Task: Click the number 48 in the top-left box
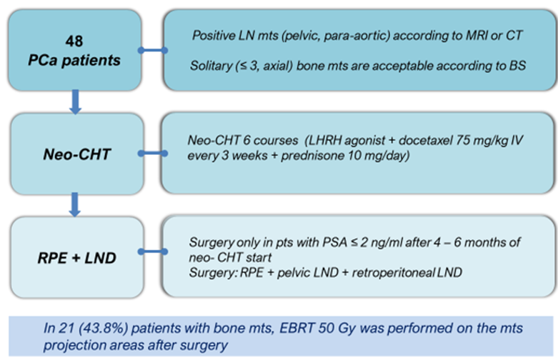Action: coord(74,41)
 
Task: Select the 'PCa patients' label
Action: coord(74,60)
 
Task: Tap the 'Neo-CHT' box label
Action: coord(77,154)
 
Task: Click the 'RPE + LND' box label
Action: coord(77,258)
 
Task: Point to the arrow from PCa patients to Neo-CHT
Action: coord(75,102)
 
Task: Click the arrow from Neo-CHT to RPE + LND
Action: coord(74,204)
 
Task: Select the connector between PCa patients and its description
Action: coord(153,51)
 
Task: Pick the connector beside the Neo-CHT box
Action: coord(153,154)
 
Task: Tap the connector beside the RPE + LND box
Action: coord(153,251)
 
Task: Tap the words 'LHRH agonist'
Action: coord(346,141)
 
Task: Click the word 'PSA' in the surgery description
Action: coord(334,242)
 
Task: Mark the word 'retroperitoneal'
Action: coord(393,273)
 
